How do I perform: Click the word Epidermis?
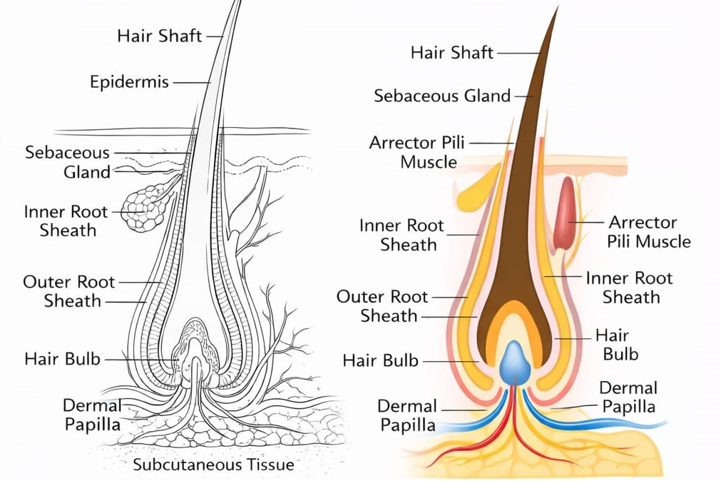point(129,82)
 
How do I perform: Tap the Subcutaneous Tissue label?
point(213,465)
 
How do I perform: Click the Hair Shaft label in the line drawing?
point(160,35)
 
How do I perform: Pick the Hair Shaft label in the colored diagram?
point(452,52)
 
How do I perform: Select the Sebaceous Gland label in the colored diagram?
point(442,96)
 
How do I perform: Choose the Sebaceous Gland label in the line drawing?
point(68,162)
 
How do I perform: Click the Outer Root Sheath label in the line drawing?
point(69,291)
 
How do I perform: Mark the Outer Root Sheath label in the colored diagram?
point(383,305)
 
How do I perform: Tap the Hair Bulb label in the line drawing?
point(63,358)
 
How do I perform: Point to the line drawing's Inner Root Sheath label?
point(66,221)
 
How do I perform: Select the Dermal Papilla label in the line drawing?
point(92,415)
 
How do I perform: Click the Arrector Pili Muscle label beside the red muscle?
point(648,232)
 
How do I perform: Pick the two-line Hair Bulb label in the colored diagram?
point(617,344)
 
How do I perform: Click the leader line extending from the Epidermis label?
point(191,82)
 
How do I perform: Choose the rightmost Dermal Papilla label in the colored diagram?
point(628,398)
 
